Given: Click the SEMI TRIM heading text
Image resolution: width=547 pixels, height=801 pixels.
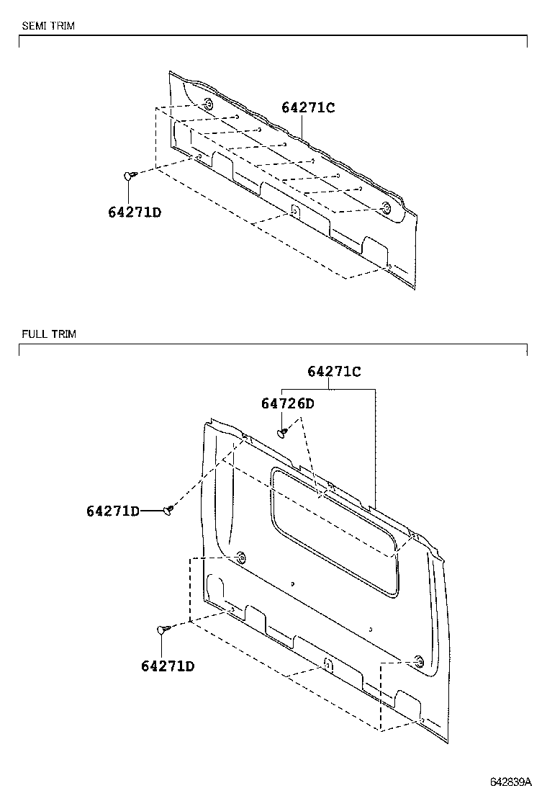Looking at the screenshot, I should point(48,26).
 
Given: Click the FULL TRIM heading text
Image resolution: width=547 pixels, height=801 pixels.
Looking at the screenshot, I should point(48,334).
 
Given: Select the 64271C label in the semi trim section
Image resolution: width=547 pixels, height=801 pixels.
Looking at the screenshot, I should point(308,107).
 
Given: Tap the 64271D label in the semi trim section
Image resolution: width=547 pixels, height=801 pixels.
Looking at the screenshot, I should point(135,212).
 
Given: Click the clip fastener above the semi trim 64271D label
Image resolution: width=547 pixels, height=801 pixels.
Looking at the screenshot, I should point(130,175).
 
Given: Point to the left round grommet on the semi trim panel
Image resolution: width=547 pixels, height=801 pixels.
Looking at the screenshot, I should point(207,104).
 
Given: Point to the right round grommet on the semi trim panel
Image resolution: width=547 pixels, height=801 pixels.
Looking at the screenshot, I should point(386,209).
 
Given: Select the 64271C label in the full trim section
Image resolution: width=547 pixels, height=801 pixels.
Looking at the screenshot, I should point(334,372).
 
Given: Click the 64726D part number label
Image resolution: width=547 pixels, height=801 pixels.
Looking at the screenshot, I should point(287,404).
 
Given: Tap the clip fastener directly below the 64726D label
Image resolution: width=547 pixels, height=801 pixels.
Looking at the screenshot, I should point(282,432).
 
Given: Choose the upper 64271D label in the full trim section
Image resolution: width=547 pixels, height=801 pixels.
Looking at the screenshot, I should point(112,511).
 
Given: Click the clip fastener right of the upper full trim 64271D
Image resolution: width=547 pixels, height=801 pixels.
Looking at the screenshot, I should point(168,510).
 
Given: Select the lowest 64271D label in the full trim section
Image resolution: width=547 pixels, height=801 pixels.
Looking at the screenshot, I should point(168,666).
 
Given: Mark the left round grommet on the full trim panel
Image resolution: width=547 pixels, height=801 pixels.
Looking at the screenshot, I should point(240,557).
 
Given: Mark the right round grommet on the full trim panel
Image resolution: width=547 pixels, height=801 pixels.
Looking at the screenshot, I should point(418,661).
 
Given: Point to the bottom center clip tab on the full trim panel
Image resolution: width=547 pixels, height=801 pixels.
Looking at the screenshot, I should point(327,664).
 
